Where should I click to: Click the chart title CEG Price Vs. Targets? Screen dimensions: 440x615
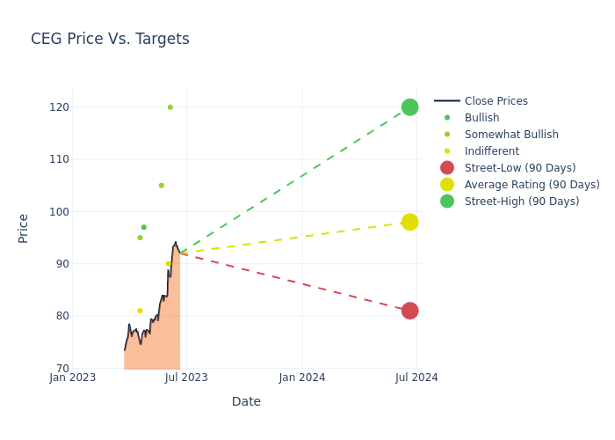coord(110,40)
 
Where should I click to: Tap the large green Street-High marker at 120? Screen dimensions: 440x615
coord(409,107)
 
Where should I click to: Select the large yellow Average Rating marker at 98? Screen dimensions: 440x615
coord(409,222)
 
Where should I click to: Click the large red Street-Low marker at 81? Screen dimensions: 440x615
coord(409,311)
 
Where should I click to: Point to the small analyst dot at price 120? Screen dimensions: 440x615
coord(170,107)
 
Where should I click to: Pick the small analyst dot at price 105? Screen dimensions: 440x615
coord(162,186)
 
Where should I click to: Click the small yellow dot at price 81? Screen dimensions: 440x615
coord(140,311)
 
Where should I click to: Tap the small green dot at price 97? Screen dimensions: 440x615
coord(144,227)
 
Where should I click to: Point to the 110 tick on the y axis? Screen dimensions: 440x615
coord(59,159)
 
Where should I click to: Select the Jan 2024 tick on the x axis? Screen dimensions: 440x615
coord(302,378)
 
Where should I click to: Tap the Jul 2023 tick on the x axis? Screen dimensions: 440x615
coord(186,378)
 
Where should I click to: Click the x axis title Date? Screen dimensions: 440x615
coord(246,401)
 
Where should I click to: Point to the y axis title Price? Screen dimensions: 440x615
coord(24,228)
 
